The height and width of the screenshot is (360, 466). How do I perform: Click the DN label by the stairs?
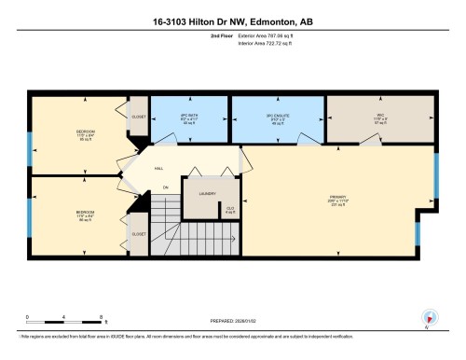click(165, 187)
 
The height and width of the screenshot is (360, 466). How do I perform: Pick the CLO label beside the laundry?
click(230, 208)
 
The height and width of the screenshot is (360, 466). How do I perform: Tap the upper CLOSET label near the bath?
click(139, 118)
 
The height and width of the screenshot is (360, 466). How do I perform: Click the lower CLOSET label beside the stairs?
click(138, 233)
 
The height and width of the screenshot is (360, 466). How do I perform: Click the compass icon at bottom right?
click(429, 317)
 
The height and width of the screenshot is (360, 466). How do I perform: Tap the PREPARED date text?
click(232, 317)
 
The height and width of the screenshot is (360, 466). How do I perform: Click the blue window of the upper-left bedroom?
click(30, 145)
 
